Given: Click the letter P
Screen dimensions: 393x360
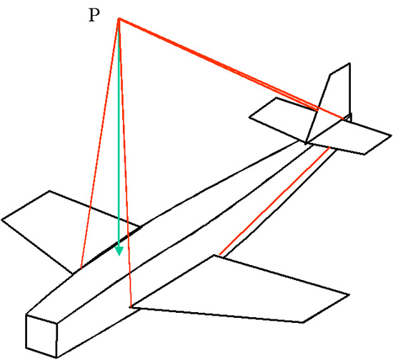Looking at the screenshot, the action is pyautogui.click(x=94, y=15).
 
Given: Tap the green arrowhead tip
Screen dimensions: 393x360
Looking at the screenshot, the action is pyautogui.click(x=119, y=256).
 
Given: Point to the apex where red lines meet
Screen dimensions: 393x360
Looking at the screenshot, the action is pyautogui.click(x=119, y=19).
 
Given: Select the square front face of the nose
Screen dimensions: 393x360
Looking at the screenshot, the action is pyautogui.click(x=41, y=336).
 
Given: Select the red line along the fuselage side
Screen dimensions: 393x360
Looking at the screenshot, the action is pyautogui.click(x=274, y=201).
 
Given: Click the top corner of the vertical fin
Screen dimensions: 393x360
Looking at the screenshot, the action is pyautogui.click(x=349, y=63).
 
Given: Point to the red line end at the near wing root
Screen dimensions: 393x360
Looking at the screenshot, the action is pyautogui.click(x=131, y=306).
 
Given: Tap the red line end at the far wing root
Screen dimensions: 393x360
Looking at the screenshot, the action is pyautogui.click(x=81, y=269).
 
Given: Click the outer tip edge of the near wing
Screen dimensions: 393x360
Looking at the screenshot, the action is pyautogui.click(x=326, y=309).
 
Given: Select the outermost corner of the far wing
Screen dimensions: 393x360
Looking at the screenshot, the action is pyautogui.click(x=2, y=220).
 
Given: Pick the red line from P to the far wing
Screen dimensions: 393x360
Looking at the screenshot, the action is pyautogui.click(x=99, y=144).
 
